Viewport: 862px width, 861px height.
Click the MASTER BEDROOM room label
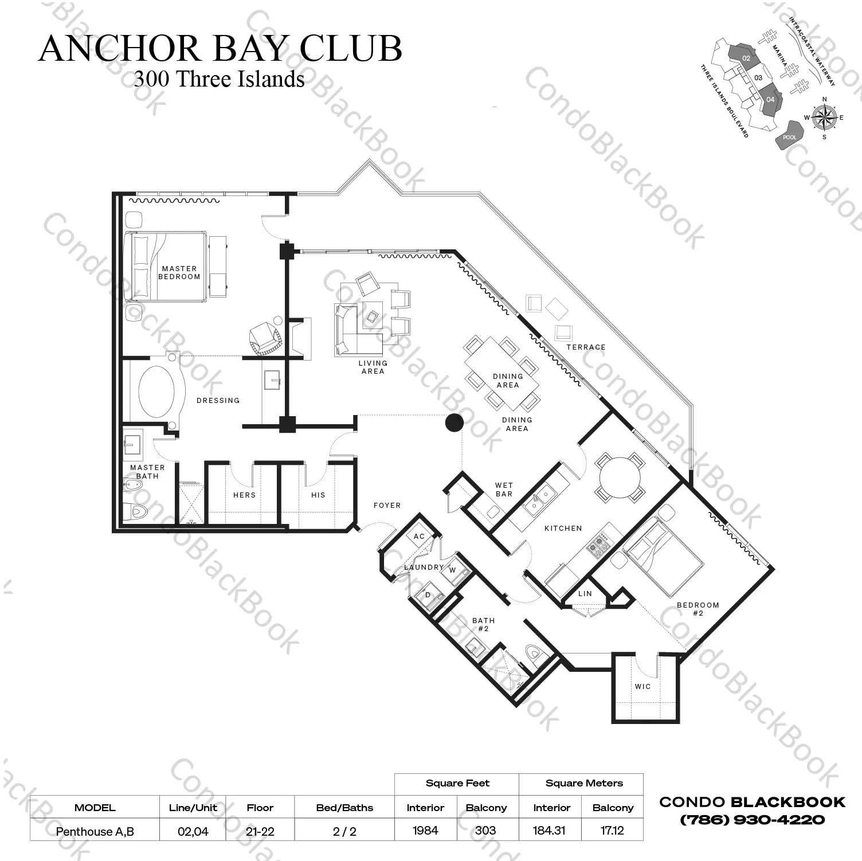click(x=179, y=272)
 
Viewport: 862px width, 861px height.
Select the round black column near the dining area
click(x=454, y=423)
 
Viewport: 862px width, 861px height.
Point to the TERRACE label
click(x=586, y=347)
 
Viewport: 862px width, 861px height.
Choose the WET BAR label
click(x=504, y=490)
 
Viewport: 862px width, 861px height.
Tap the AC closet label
click(x=420, y=537)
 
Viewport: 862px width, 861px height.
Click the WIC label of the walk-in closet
click(x=643, y=686)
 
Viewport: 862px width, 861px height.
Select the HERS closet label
click(x=245, y=495)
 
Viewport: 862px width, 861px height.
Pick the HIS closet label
click(x=319, y=495)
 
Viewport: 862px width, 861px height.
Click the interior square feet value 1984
click(x=425, y=830)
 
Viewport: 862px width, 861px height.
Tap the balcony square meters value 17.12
click(x=612, y=830)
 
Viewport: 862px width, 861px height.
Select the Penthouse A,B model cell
click(x=95, y=831)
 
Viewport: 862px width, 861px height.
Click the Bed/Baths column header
click(x=344, y=808)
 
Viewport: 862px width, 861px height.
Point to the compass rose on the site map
click(x=824, y=118)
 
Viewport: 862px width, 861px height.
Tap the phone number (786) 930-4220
click(x=753, y=820)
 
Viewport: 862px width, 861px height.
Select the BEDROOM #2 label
click(x=698, y=609)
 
